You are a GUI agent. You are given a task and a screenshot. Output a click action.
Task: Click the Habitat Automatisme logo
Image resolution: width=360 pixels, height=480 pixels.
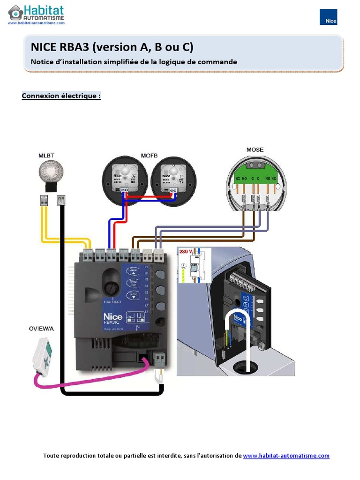pos(36,15)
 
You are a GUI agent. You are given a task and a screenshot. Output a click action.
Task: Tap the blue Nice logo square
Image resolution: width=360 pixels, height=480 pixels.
pos(328,17)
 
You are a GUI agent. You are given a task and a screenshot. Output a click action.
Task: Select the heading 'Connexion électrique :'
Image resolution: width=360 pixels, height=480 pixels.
pos(61,96)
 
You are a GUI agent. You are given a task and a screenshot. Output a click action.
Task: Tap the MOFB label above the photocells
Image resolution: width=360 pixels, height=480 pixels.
pos(150,155)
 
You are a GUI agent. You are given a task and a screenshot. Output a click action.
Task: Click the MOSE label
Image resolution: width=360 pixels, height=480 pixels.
pos(255,150)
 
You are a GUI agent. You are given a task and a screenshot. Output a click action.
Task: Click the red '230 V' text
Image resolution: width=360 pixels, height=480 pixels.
pos(186,252)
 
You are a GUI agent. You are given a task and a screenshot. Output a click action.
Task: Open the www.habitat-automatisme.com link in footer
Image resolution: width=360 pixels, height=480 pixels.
pos(286,456)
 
